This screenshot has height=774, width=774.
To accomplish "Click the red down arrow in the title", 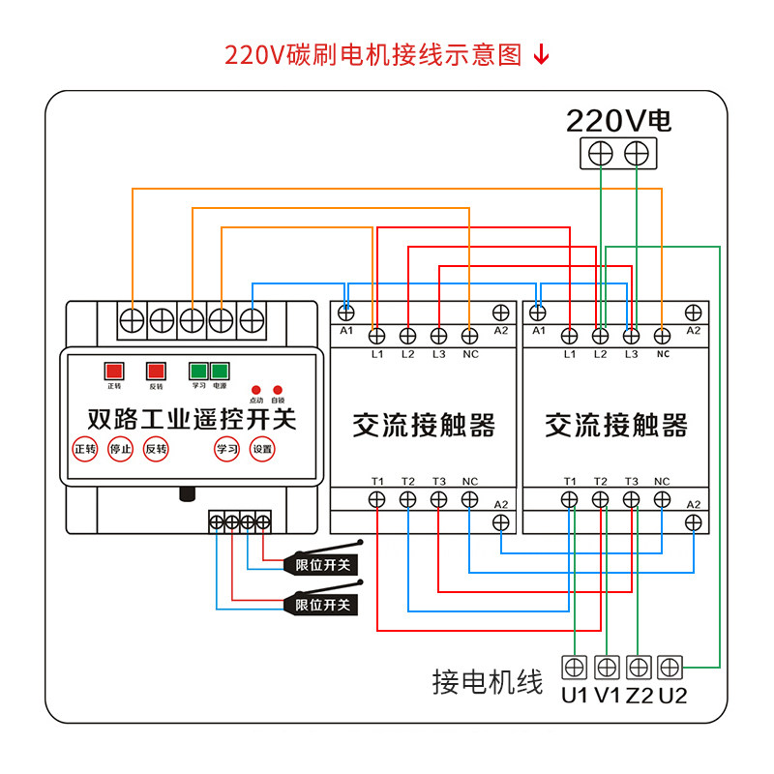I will click(542, 54).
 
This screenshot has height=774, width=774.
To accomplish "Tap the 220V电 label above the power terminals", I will click(618, 121).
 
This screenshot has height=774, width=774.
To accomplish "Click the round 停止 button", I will click(120, 449).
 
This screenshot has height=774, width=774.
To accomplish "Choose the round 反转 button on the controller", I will click(156, 449).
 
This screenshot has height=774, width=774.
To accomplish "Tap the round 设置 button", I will click(262, 449).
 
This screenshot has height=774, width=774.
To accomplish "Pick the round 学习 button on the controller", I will click(226, 449).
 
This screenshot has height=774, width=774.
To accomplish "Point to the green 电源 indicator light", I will click(220, 371).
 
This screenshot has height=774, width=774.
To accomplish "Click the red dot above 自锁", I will click(278, 389).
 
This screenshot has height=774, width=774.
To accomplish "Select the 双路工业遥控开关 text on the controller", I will click(192, 420).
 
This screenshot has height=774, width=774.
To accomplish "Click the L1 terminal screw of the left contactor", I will click(377, 336).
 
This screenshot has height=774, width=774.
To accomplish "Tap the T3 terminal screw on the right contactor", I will click(632, 499).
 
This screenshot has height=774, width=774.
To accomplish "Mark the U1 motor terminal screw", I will click(575, 667).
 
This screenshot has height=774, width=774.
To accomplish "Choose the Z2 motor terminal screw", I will click(638, 667).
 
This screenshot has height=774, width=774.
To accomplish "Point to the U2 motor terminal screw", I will click(670, 667).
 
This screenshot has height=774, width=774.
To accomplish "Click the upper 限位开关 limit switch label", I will click(322, 564).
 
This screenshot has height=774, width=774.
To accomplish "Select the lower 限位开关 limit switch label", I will click(322, 605).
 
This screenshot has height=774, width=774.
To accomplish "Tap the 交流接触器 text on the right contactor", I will click(616, 425).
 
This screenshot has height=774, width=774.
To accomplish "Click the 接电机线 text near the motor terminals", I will click(488, 682).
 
